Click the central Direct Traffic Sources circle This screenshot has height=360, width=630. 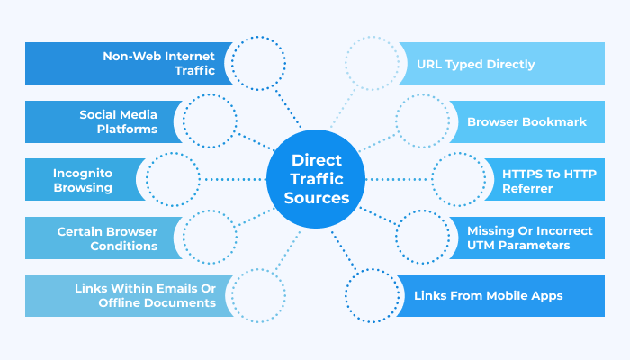(x=316, y=179)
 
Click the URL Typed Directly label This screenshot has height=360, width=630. (x=475, y=64)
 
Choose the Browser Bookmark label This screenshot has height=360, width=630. (x=514, y=121)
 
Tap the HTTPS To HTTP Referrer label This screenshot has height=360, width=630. (x=543, y=179)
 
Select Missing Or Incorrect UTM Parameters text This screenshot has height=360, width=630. (x=530, y=238)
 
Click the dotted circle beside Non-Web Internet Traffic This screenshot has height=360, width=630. (x=258, y=63)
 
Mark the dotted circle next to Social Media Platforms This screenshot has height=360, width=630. (x=210, y=121)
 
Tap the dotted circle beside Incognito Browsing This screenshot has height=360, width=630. (x=172, y=179)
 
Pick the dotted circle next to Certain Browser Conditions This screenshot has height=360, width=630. (x=210, y=238)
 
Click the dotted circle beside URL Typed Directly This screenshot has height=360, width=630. (x=372, y=64)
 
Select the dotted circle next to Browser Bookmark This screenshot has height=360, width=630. (x=421, y=121)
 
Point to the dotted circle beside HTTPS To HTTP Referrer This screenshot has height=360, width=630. (x=460, y=179)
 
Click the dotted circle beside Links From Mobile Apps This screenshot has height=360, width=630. (x=372, y=295)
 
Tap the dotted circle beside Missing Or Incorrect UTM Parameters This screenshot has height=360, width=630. (x=421, y=238)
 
